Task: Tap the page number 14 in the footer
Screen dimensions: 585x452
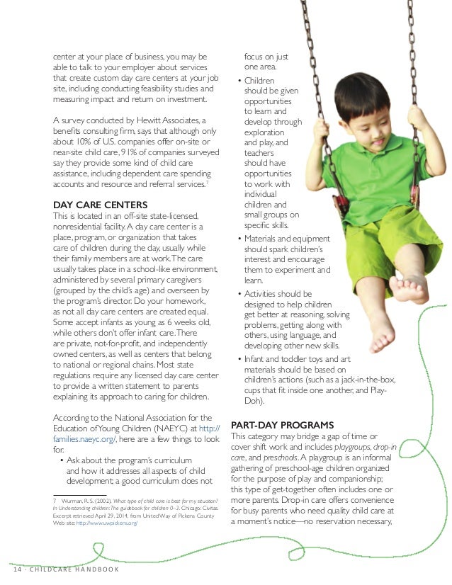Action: (17, 570)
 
